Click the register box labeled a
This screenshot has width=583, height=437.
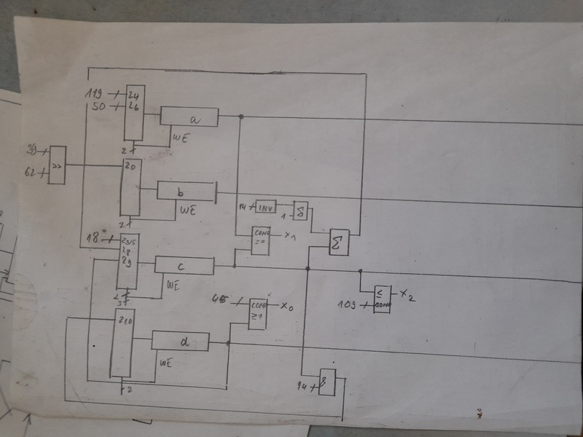(x=189, y=117)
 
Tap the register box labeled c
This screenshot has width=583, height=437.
(x=184, y=266)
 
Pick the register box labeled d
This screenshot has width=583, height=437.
(x=180, y=341)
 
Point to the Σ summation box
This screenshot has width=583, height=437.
(x=340, y=242)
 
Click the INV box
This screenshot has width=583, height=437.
(x=265, y=208)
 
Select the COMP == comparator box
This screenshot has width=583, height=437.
(x=261, y=240)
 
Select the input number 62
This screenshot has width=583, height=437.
(x=31, y=173)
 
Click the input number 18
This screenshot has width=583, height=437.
(x=92, y=239)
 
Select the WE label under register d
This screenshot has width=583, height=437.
(x=165, y=361)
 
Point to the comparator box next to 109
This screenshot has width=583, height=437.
(x=381, y=299)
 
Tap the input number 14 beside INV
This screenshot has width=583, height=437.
(x=244, y=208)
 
